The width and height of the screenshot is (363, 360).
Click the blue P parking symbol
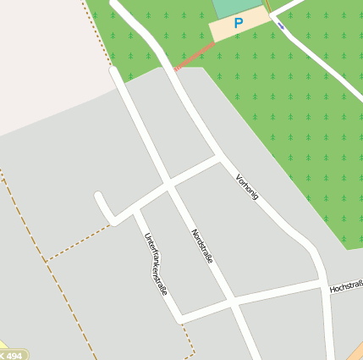[238, 24]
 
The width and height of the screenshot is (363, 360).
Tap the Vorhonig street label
[247, 185]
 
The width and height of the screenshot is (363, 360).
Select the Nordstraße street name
[202, 246]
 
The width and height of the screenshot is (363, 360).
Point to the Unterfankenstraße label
[155, 263]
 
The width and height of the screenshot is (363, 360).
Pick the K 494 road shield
[12, 355]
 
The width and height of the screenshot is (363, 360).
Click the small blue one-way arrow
[280, 25]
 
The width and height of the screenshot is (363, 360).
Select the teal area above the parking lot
[236, 7]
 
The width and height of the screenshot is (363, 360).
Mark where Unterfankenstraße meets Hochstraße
[179, 317]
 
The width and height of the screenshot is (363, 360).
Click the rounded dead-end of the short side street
[100, 198]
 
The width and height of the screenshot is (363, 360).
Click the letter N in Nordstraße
[193, 231]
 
